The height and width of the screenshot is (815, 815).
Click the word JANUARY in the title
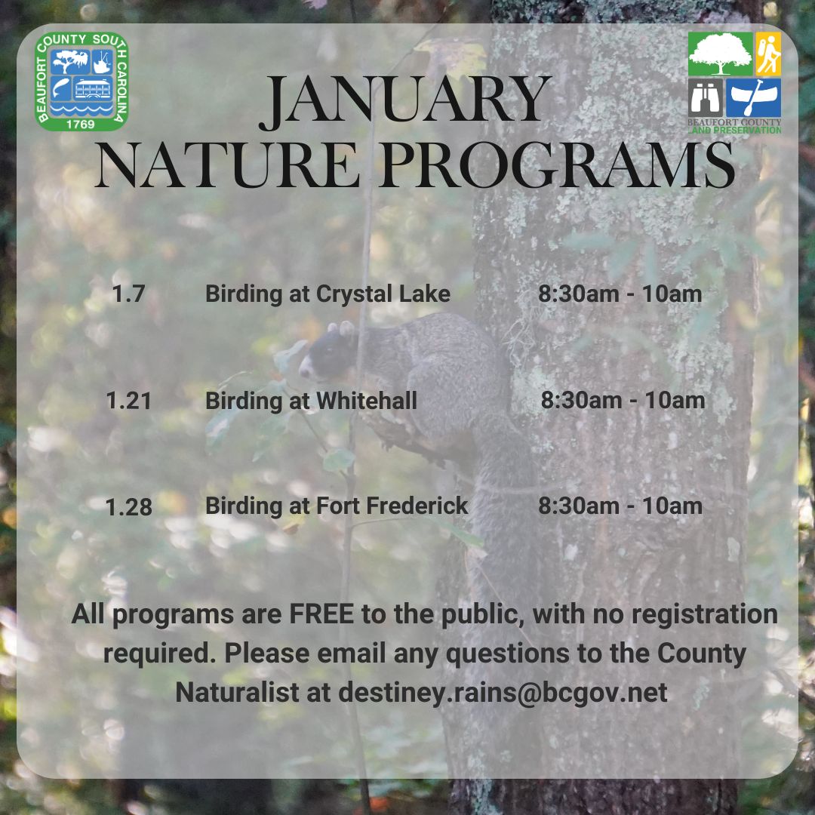click(405, 100)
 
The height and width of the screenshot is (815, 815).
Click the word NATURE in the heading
click(228, 166)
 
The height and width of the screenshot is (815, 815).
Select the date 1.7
click(128, 294)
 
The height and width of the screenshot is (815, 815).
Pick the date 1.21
click(129, 401)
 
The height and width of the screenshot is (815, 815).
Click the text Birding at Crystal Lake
click(328, 294)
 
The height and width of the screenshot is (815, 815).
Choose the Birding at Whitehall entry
click(311, 401)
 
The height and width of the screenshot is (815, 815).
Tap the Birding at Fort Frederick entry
click(337, 506)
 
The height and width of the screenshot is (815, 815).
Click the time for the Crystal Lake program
click(620, 294)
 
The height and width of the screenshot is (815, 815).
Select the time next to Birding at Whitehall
click(623, 400)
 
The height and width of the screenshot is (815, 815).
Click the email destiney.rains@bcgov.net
click(503, 692)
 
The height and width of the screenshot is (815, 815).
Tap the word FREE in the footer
click(321, 614)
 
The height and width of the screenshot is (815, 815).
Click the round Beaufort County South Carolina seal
click(81, 81)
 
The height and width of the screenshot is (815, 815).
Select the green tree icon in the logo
click(721, 54)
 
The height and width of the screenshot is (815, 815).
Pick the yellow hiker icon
click(768, 54)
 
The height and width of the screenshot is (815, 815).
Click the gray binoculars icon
click(706, 97)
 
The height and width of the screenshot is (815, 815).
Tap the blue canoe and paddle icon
click(754, 97)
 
